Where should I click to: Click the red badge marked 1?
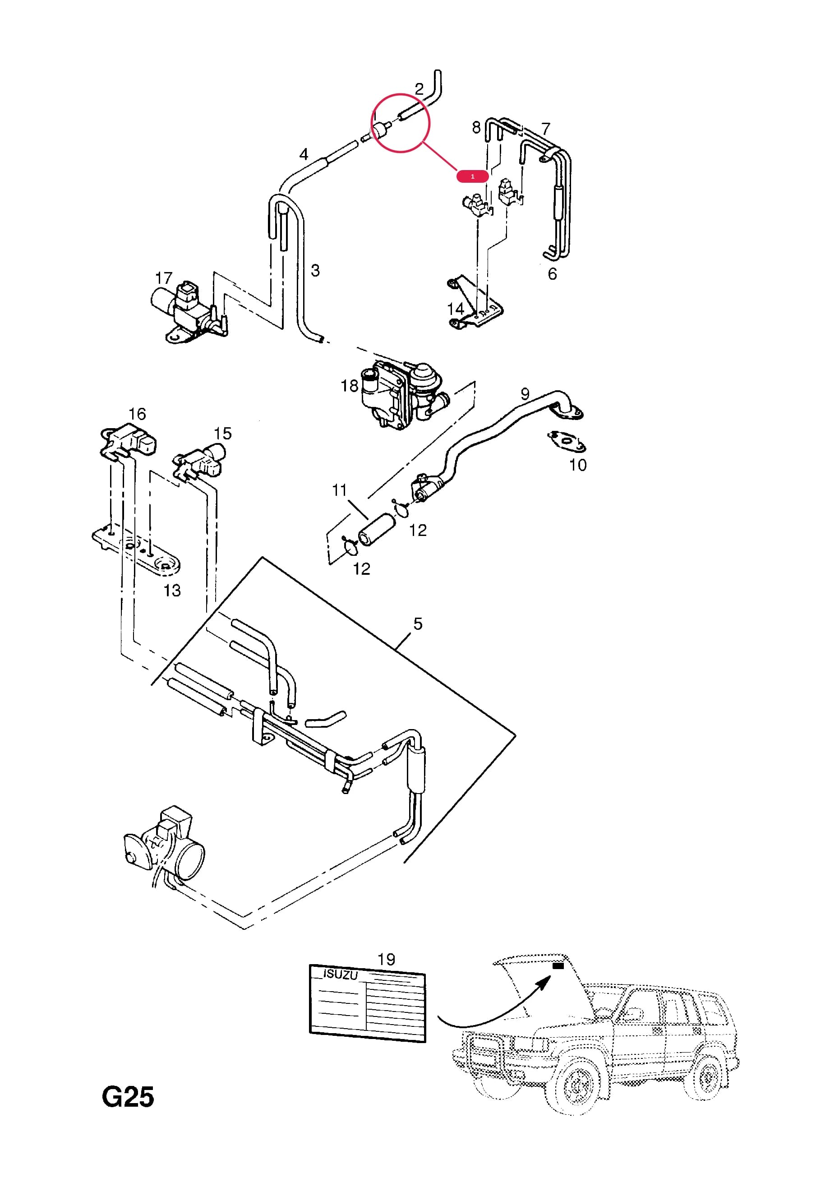[472, 176]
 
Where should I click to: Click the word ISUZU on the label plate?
[340, 974]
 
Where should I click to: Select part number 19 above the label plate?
[386, 960]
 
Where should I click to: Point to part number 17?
[163, 278]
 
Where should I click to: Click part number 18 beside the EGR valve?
[350, 386]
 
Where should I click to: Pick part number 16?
[137, 414]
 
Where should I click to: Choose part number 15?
[223, 433]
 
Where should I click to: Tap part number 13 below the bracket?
[172, 591]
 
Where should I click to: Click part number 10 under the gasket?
[578, 465]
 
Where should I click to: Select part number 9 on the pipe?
[525, 394]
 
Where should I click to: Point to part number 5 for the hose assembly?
[418, 624]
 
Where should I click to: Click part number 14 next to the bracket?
[456, 309]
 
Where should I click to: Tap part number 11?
[339, 490]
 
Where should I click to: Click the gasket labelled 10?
[567, 441]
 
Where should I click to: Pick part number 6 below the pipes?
[552, 274]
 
